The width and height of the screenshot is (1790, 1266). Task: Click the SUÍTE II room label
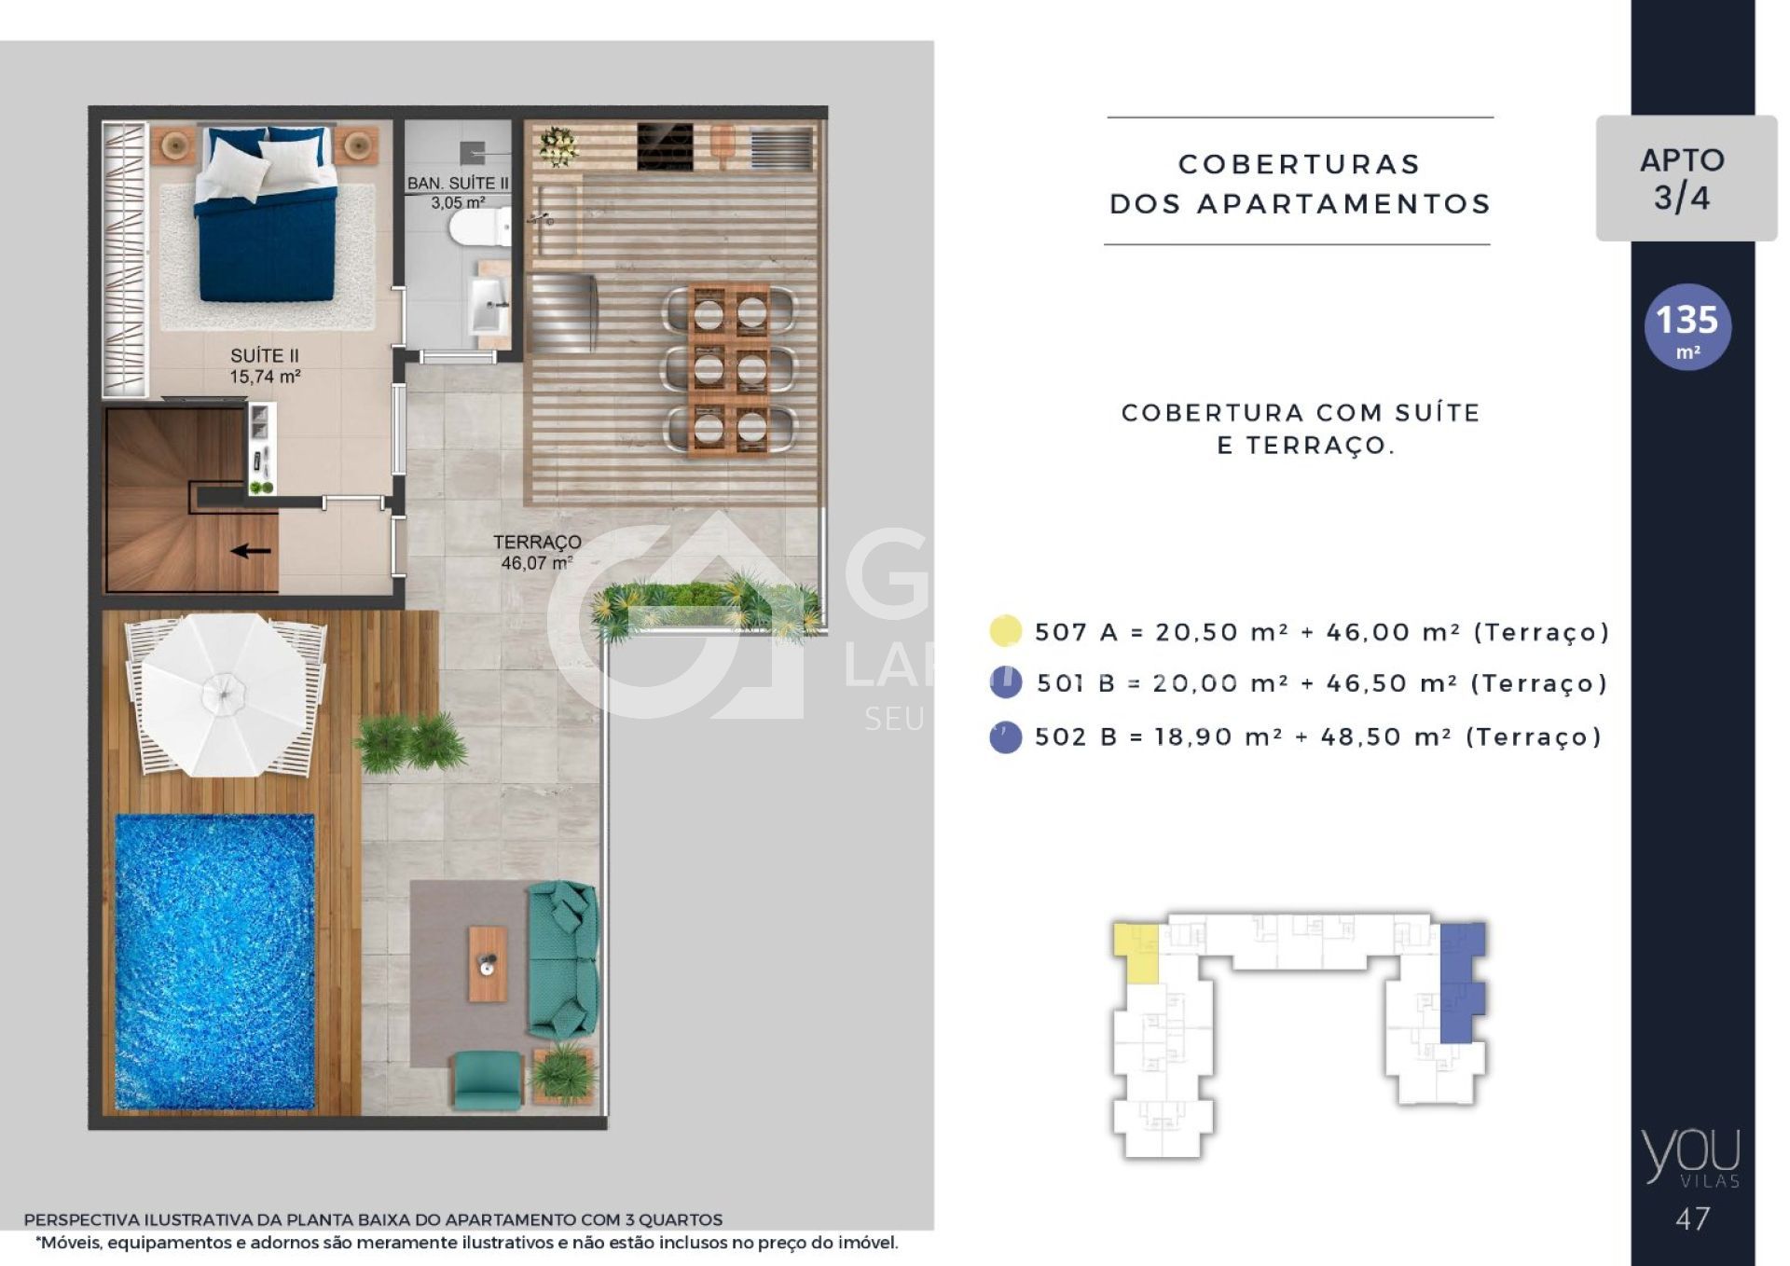pos(265,366)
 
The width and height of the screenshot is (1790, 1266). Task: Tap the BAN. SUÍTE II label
pos(458,193)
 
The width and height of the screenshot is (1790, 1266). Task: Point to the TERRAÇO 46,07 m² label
pos(537,552)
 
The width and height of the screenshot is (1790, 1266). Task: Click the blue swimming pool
pos(214,961)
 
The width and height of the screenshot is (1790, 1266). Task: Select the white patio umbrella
pos(224,695)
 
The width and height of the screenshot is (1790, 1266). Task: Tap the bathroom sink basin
pos(490,304)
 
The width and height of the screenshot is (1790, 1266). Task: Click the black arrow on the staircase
pos(251,551)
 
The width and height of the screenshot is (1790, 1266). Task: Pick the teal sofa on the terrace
pos(562,959)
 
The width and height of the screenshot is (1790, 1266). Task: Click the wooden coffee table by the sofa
pos(488,964)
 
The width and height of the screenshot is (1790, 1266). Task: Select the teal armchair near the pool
pos(487,1080)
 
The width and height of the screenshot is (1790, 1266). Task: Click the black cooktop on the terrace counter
pos(665,147)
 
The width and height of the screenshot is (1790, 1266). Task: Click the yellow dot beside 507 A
pos(1005,631)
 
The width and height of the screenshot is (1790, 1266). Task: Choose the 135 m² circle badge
pos(1687,327)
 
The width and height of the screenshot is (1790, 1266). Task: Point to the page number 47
pos(1692,1218)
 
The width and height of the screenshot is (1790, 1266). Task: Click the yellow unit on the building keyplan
pos(1136,953)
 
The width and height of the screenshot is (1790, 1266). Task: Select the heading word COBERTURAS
pos(1300,164)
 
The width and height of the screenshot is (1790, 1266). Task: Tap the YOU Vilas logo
pos(1691,1158)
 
